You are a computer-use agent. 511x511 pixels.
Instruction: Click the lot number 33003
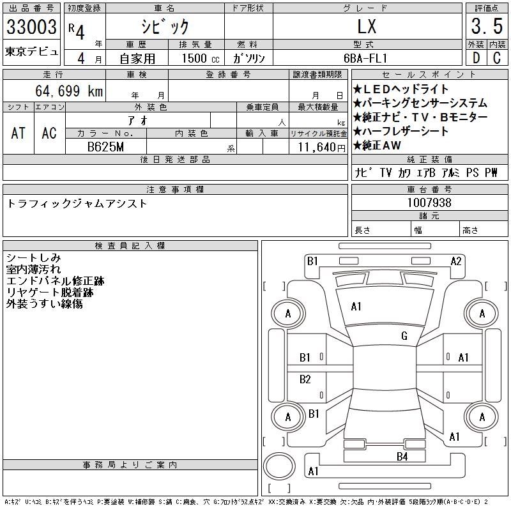coord(31,27)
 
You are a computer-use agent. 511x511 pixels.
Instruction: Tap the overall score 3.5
coord(486,27)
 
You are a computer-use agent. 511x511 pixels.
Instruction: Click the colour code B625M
coord(106,146)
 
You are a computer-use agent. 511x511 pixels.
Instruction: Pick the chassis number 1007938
coord(430,203)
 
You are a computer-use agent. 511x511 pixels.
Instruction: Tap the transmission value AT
coord(18,133)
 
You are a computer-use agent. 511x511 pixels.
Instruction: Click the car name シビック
coord(164,27)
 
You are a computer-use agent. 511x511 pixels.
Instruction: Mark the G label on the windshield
coord(404,336)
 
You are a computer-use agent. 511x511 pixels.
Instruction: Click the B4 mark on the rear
coord(402,456)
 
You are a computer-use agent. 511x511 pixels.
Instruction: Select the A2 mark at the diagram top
coord(456,261)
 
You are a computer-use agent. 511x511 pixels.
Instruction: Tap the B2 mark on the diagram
coord(305,379)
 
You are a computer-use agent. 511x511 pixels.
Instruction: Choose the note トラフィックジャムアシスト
coord(77,204)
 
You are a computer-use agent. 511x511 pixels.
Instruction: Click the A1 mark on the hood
coord(356,307)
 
